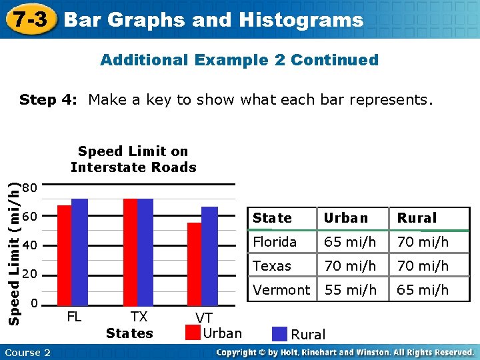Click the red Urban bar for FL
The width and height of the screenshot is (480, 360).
pos(64,255)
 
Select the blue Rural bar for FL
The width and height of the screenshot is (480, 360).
pos(79,251)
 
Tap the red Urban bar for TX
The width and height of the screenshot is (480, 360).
pos(130,251)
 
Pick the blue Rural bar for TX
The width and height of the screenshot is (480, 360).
pos(145,251)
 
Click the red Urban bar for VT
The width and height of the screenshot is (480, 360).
pos(194,263)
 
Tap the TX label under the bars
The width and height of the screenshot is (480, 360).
pos(139,317)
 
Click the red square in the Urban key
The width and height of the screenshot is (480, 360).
pos(192,333)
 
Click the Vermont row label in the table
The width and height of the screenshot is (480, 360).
pos(281,290)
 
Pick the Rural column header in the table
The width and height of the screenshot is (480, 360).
pos(417,218)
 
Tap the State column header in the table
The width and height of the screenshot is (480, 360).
pos(272,218)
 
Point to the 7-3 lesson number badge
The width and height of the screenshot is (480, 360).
pos(31,19)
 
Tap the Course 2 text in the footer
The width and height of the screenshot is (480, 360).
pos(28,352)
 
